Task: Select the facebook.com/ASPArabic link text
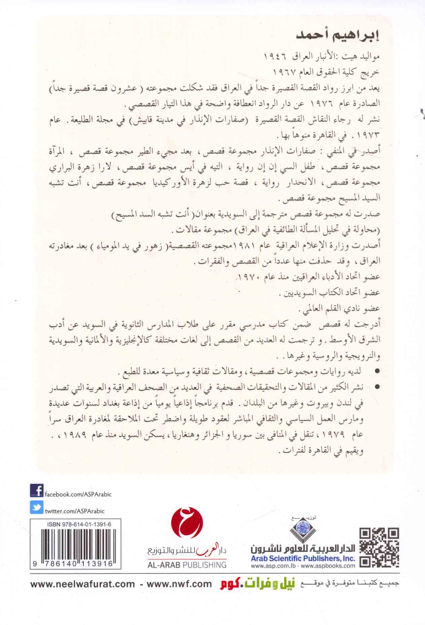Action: (78, 494)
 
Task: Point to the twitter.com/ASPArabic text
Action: (75, 511)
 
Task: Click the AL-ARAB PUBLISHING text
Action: (187, 565)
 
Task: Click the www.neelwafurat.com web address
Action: (82, 584)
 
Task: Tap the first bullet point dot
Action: (377, 371)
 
